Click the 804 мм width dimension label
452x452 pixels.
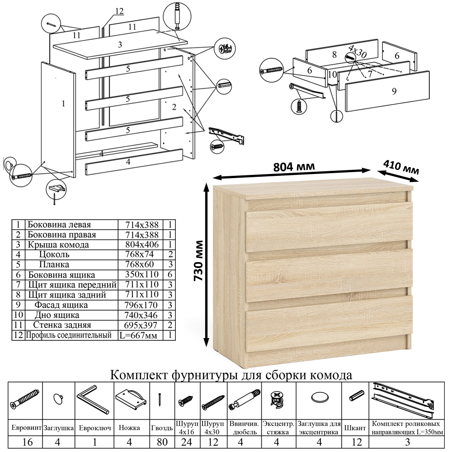tap(294, 166)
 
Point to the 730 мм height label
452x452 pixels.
tap(199, 263)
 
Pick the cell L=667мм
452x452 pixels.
tap(140, 335)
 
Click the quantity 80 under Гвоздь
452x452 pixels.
tap(161, 441)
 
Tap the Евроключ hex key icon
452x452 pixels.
tap(92, 399)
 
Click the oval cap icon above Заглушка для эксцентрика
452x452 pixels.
tap(319, 398)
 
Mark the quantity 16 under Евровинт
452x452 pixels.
tap(27, 441)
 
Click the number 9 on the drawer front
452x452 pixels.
tap(394, 91)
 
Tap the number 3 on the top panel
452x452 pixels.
tap(120, 45)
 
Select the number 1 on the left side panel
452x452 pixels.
tap(63, 104)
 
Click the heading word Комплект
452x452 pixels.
tap(140, 375)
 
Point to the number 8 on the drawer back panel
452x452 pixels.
tap(334, 55)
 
